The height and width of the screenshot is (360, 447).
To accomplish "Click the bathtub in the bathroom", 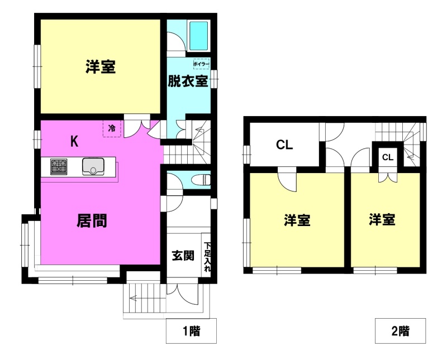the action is coord(198,36).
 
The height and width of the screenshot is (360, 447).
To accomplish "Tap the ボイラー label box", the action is coord(201,64).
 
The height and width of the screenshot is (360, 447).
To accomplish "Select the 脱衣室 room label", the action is coord(188,81).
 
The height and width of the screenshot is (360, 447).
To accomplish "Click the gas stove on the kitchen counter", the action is coord(59,166).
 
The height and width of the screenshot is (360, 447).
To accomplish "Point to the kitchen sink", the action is coord(93,166).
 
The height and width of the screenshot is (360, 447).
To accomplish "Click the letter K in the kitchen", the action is coord(74,141).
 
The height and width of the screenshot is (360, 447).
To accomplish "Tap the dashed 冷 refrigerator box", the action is coord(112,128).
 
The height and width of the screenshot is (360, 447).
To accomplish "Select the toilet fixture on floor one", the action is coord(201,180).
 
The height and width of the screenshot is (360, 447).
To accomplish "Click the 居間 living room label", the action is coord(92,220).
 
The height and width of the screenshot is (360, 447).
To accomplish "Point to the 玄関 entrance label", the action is coord(183,256).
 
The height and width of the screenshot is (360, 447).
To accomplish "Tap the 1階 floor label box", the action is coord(191,331).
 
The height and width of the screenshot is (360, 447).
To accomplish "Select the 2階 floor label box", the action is coord(400,331).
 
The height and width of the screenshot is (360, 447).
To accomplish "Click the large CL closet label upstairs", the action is coord(284,145).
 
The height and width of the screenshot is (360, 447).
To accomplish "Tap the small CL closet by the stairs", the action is coord(388,157).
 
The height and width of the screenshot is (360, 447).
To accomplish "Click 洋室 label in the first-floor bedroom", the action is coord(101,66).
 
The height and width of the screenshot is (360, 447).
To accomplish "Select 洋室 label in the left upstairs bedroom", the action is coord(297,220).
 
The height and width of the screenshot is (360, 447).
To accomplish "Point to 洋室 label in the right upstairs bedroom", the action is coord(382,219).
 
